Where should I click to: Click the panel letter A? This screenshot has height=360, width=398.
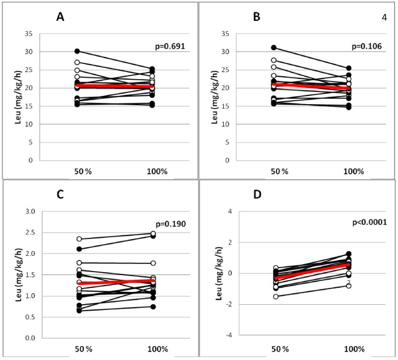(x=59, y=17)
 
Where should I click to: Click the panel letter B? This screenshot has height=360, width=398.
(x=256, y=17)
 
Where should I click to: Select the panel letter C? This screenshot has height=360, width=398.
(x=59, y=196)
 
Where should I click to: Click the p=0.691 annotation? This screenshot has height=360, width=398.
(x=169, y=46)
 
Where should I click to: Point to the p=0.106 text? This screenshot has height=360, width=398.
(x=365, y=46)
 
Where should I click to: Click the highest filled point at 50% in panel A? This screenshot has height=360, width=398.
(x=77, y=51)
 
